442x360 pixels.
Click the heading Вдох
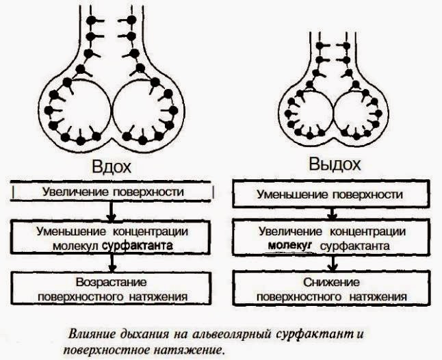(x=111, y=167)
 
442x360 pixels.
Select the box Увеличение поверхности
(x=112, y=191)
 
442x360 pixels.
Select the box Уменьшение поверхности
(x=329, y=194)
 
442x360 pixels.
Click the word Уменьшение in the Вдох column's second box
(x=72, y=231)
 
